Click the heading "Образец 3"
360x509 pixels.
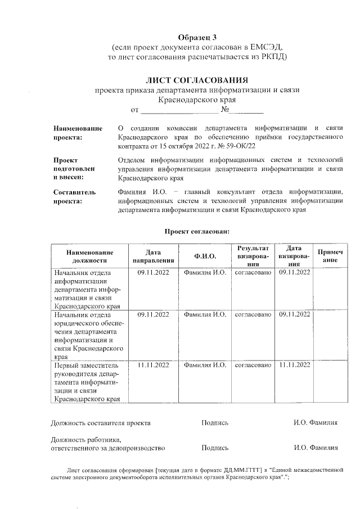pos(197,37)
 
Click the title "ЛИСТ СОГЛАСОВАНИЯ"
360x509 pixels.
pos(197,80)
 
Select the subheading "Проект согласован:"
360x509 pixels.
pos(197,231)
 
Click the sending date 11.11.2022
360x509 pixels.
pos(153,365)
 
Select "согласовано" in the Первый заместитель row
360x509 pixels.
pos(253,365)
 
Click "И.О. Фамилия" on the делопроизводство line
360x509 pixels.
pos(316,448)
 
